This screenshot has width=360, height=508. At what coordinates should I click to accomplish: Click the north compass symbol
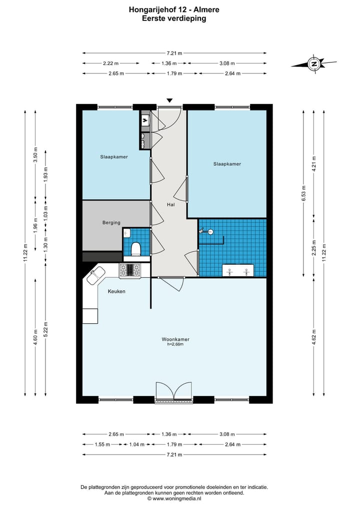pos(313,64)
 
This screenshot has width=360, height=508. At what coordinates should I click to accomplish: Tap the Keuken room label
pos(116,291)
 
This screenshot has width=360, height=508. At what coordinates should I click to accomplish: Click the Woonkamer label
pos(175,339)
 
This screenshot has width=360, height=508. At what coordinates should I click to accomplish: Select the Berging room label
pos(111,223)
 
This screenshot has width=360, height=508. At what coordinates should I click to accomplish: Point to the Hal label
pos(171,204)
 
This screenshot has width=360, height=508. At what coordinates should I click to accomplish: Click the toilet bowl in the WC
pos(136,249)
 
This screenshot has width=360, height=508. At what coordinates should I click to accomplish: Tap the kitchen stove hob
pos(130,270)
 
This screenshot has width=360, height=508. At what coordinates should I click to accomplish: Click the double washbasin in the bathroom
pos(238,270)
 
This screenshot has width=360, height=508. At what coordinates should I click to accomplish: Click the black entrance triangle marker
pos(169,100)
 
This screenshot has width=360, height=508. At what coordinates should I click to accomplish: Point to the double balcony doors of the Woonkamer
pos(174,392)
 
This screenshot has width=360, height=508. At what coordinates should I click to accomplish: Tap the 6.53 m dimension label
pos(303,193)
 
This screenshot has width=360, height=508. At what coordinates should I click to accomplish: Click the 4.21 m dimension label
pos(313,164)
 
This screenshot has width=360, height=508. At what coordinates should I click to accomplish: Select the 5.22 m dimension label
pos(45,330)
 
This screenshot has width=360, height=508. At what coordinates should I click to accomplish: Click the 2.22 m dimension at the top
pos(110,63)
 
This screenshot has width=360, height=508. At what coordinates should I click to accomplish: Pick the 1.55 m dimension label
pos(102,444)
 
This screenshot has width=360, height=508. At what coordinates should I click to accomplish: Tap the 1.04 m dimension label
pos(137,444)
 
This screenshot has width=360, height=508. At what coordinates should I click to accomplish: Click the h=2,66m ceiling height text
pos(175,344)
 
